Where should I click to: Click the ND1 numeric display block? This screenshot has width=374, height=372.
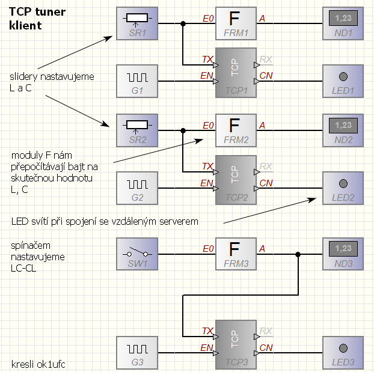point(343,24)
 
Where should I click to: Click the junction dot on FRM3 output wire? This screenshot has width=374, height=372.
point(298,254)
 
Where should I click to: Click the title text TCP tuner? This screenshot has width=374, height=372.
point(37,12)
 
